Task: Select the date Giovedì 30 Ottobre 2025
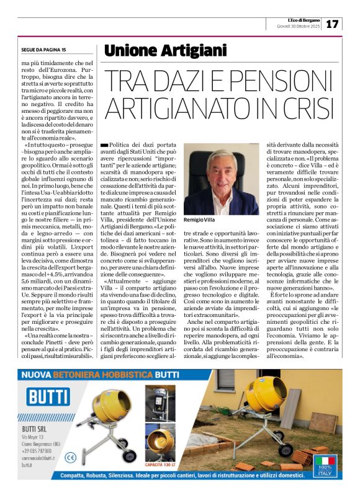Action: pyautogui.click(x=299, y=27)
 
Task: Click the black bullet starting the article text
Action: pyautogui.click(x=104, y=144)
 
